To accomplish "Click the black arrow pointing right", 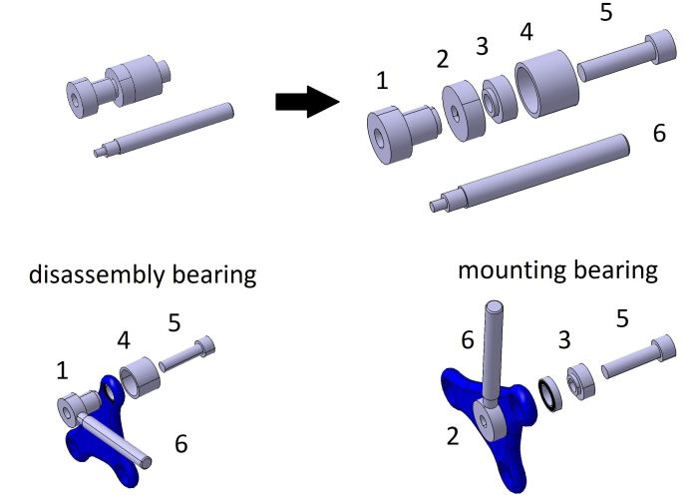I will click(305, 101).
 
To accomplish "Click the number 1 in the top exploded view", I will click(383, 79).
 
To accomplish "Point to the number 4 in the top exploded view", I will click(526, 31).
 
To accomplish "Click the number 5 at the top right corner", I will click(608, 14).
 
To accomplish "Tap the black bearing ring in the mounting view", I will click(547, 394).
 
